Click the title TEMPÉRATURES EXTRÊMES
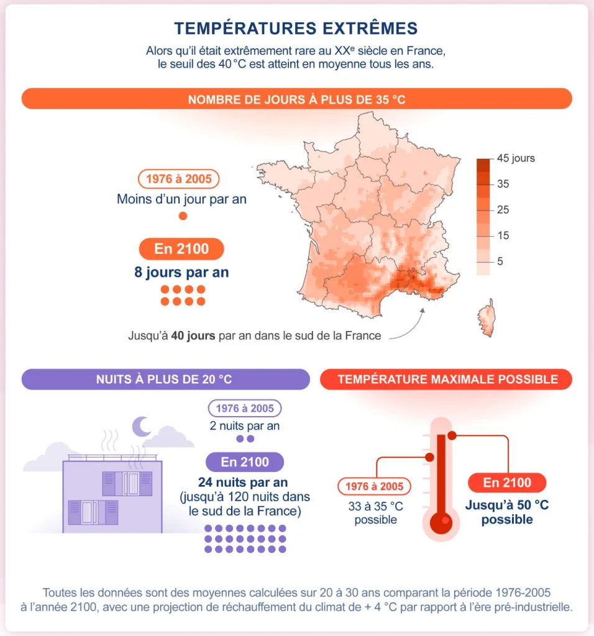click(296, 28)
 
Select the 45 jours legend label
click(516, 158)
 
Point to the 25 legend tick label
click(503, 210)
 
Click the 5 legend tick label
click(500, 261)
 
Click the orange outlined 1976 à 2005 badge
click(178, 179)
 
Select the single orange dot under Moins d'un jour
click(183, 216)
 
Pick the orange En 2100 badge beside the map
click(181, 249)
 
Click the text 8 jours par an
click(181, 272)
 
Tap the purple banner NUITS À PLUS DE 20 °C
click(165, 379)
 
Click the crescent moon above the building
click(142, 425)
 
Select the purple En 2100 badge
click(245, 462)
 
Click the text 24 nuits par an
click(244, 483)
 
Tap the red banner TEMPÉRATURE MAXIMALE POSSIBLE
click(446, 379)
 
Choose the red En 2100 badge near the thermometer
click(507, 483)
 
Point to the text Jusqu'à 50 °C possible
click(507, 512)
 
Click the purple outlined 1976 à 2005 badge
click(244, 408)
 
